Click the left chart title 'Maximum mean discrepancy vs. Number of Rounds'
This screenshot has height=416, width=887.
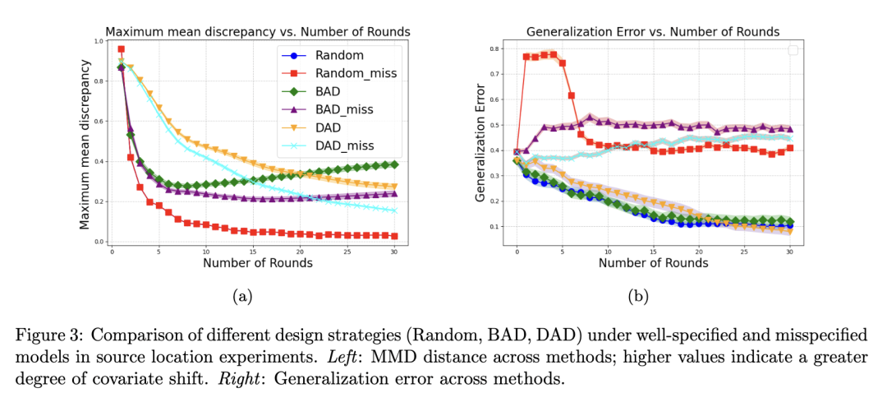[257, 31]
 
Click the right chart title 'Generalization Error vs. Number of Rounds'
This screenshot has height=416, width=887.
[653, 31]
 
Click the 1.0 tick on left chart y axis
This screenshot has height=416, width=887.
[99, 40]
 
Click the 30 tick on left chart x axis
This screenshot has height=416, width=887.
[395, 252]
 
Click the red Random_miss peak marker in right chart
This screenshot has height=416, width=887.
[553, 54]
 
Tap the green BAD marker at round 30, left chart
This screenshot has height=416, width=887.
[395, 164]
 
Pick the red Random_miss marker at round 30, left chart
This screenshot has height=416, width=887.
[395, 236]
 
